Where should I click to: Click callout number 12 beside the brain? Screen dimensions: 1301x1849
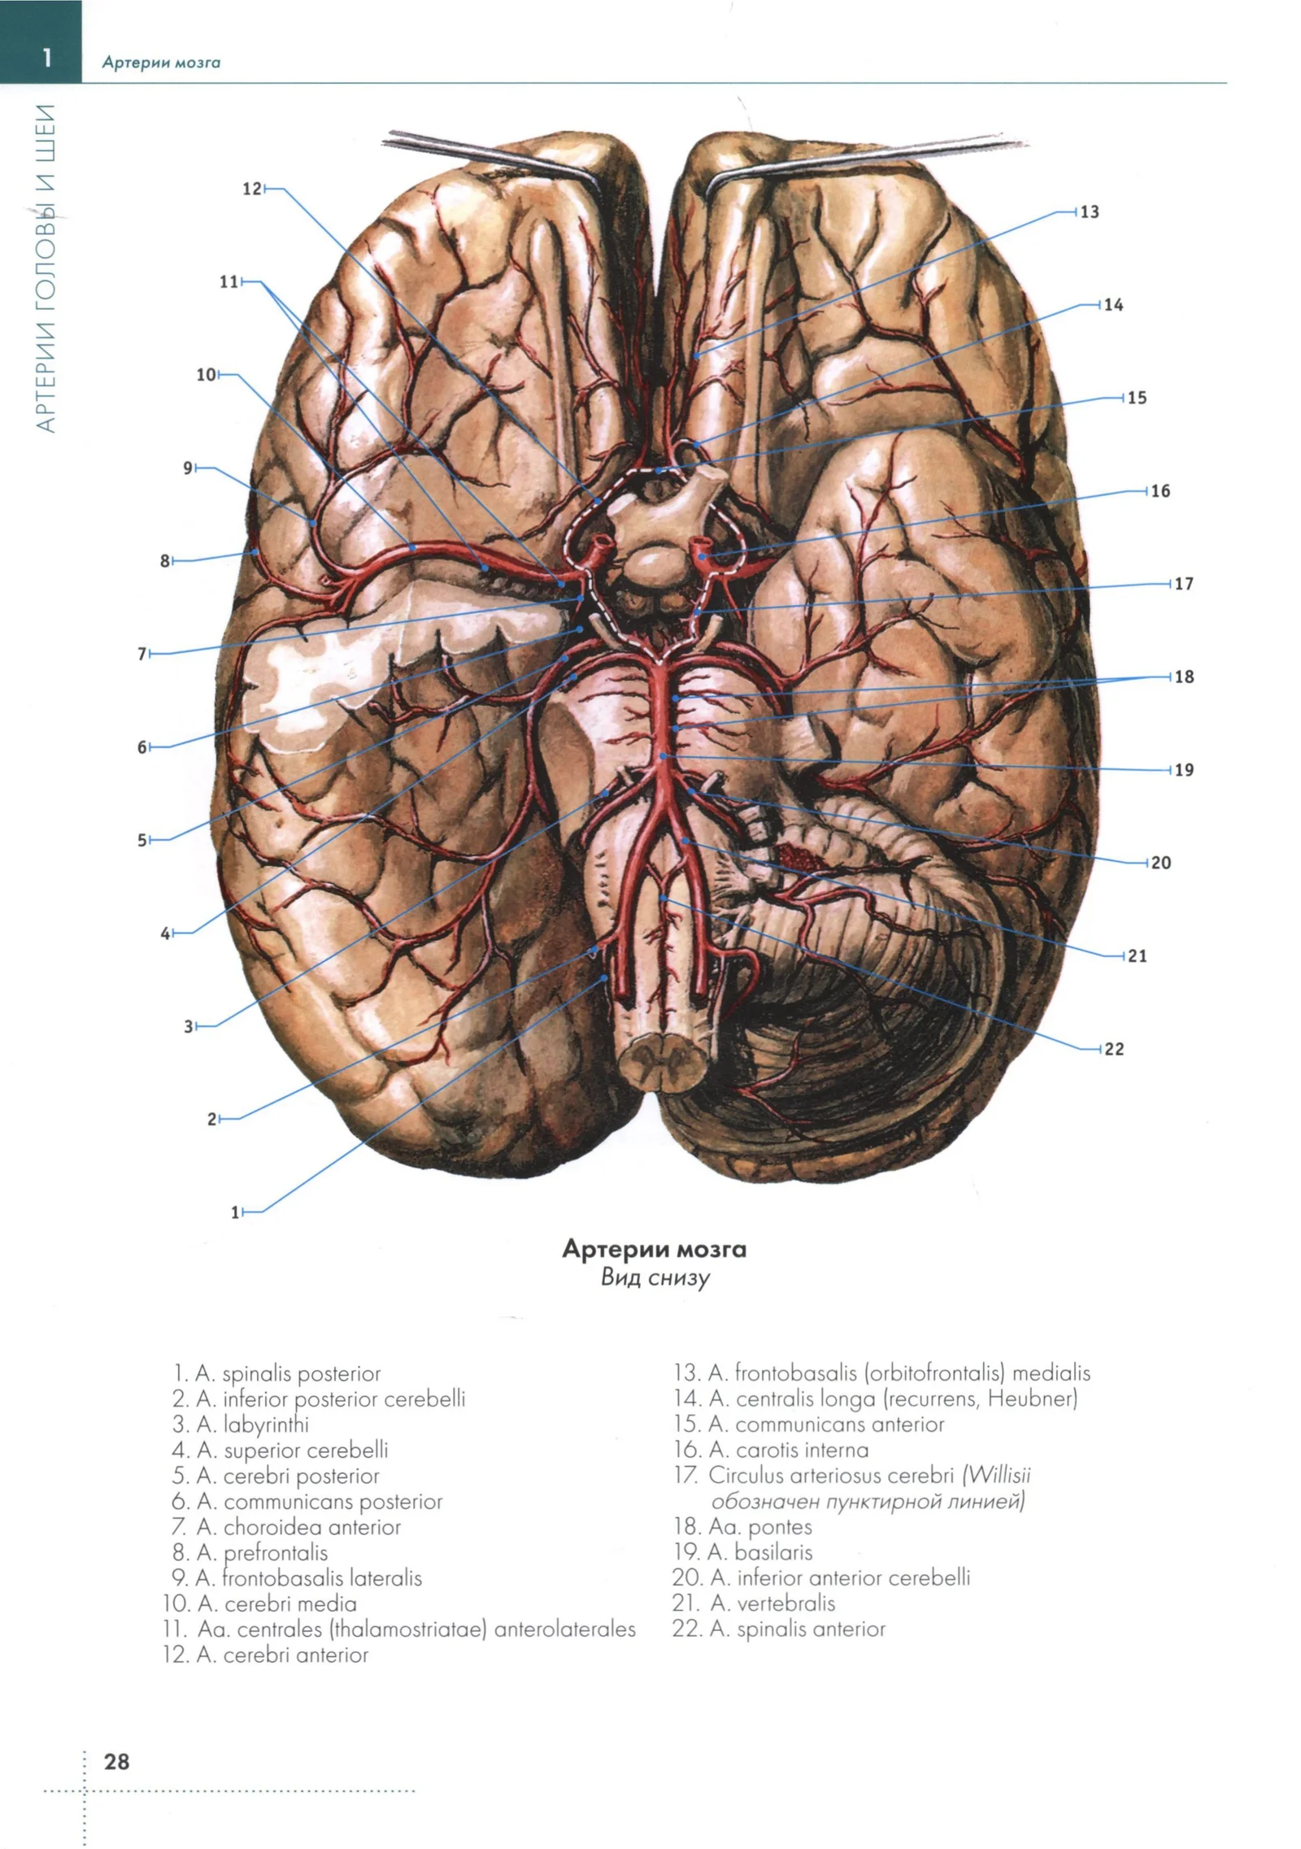point(251,189)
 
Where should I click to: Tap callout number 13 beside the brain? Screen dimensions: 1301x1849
point(1090,212)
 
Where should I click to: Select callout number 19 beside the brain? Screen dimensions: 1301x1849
point(1183,770)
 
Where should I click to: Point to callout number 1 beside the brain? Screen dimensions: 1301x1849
point(236,1212)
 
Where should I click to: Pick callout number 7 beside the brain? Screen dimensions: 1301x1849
point(142,654)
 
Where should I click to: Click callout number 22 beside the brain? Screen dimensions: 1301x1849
point(1113,1049)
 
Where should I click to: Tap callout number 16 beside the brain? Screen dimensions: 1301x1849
point(1160,491)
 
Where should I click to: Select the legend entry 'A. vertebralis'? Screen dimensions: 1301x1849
point(772,1603)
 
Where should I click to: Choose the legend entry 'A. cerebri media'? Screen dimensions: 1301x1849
point(276,1604)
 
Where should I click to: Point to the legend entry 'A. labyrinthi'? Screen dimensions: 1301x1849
point(252,1425)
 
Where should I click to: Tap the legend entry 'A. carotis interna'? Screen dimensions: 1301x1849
point(788,1450)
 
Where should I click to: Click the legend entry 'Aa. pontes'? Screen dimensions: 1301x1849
point(760,1527)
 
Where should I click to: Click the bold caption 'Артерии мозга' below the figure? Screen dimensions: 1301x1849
point(654,1249)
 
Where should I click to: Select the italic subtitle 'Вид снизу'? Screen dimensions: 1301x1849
point(655,1277)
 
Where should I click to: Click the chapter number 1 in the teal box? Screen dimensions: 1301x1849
point(47,58)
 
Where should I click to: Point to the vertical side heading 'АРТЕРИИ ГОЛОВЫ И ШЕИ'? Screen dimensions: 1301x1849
point(46,268)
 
